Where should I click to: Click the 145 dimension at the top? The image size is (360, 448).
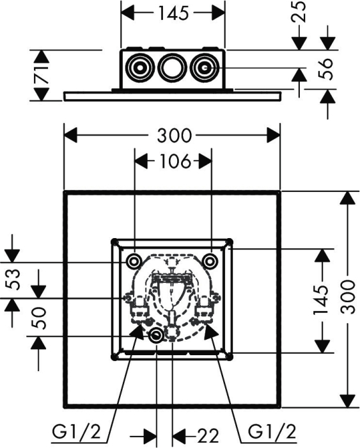point(173,13)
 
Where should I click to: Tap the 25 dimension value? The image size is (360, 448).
point(298,12)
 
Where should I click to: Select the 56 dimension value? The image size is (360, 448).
point(325,69)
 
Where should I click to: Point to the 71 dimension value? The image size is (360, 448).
point(42,75)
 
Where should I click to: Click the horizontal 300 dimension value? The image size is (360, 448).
point(174,136)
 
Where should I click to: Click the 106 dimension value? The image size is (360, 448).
point(175,161)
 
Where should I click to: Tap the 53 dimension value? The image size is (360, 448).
point(13,280)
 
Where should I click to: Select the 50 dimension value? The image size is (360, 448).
point(38,318)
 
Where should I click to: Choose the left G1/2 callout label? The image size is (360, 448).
point(77,432)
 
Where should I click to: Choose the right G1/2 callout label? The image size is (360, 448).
point(272,432)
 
